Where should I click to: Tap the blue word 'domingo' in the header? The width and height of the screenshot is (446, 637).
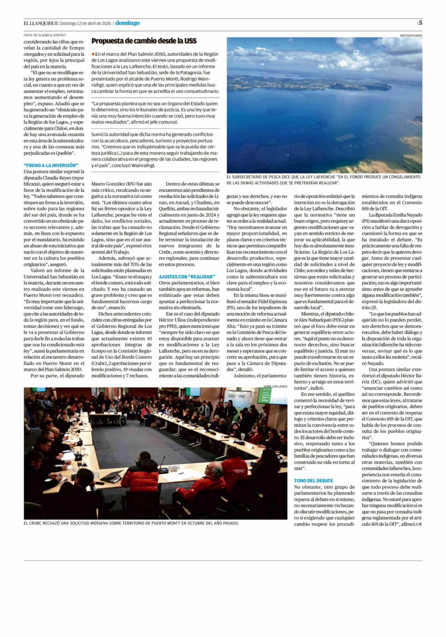point(127,23)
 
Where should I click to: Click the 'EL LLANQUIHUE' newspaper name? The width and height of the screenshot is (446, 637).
point(41,23)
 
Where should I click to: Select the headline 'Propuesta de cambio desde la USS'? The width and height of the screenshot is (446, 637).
point(144,41)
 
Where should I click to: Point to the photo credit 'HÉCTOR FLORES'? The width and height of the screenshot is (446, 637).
point(411,35)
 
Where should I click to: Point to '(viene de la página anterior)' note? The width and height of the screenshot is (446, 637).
point(45,35)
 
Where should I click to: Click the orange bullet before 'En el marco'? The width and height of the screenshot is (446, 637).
point(93,54)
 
